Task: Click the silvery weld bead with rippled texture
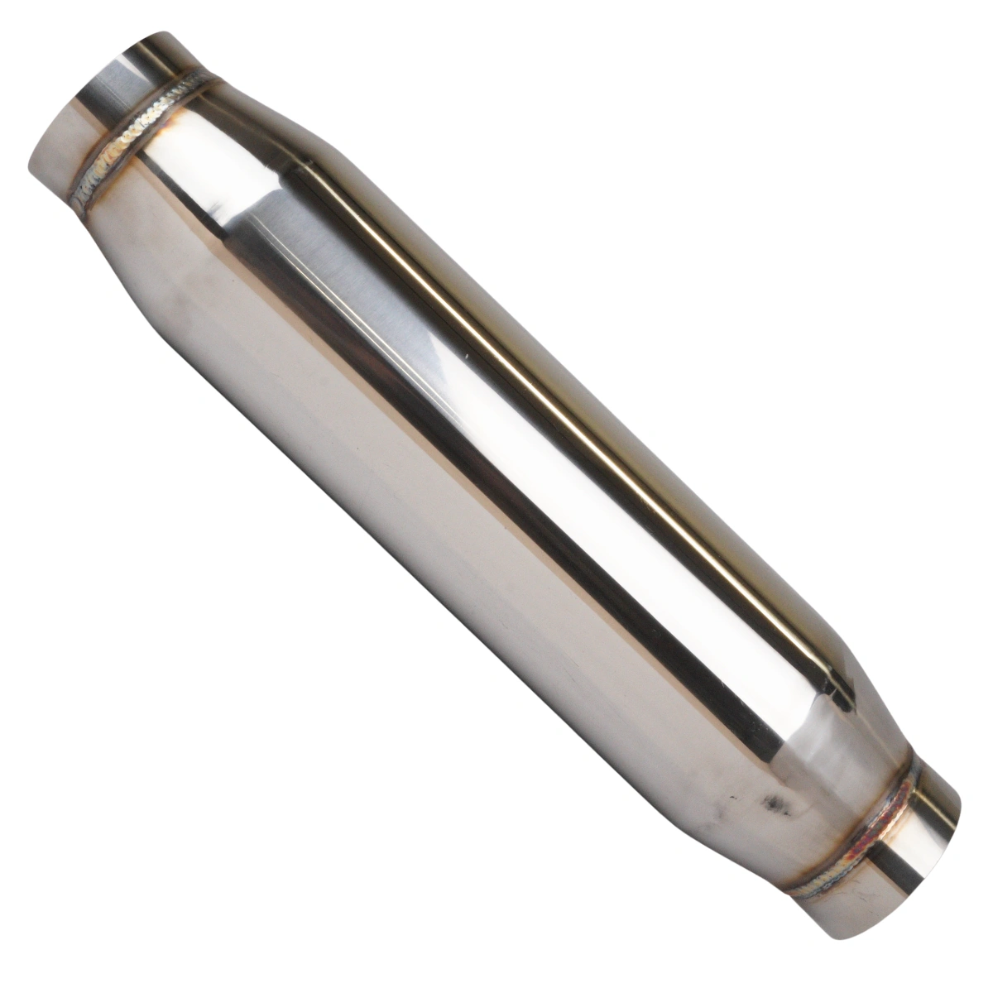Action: coord(141,132)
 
